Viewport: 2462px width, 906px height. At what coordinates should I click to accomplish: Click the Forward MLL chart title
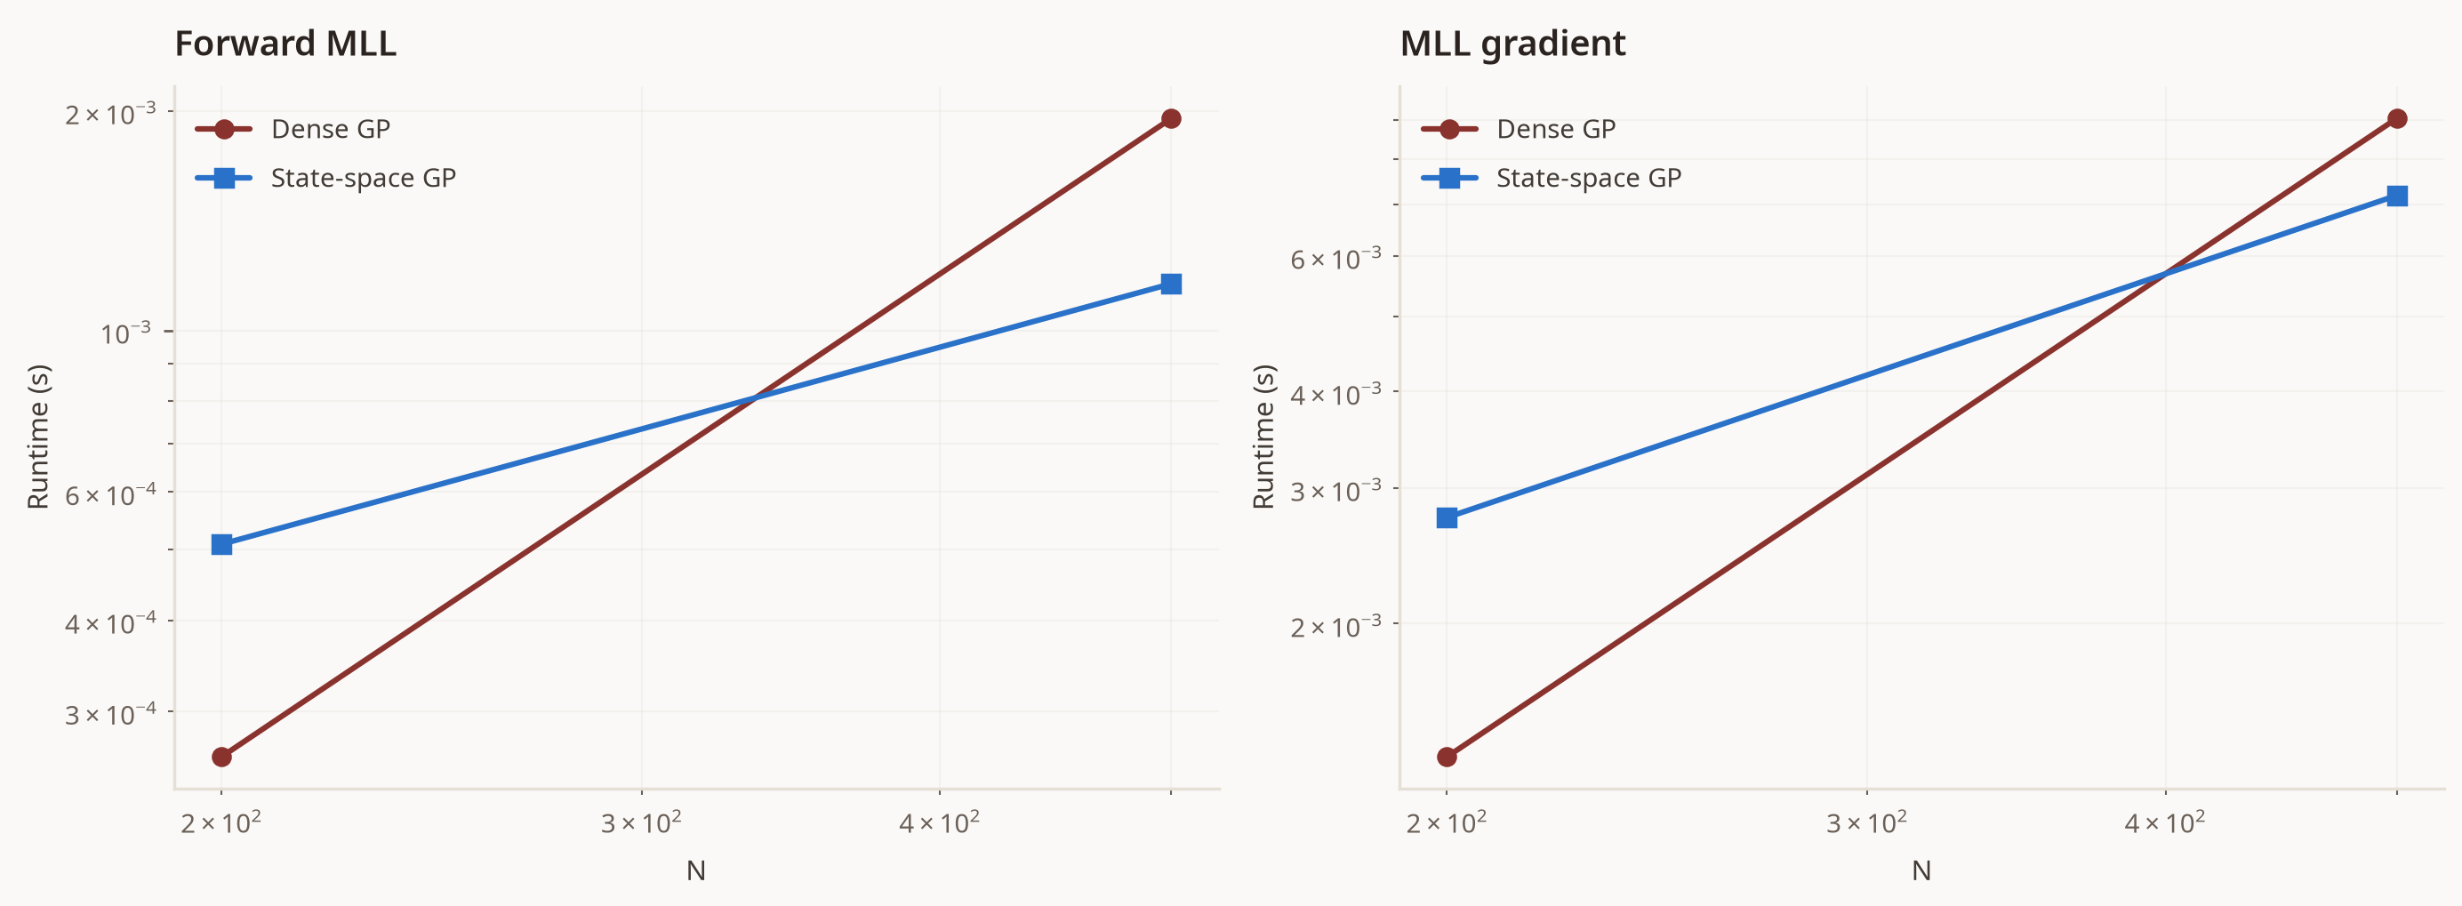(x=285, y=44)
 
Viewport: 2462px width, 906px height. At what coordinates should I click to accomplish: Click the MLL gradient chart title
(x=1512, y=44)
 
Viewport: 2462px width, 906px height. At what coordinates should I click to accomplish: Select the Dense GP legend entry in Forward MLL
(x=293, y=129)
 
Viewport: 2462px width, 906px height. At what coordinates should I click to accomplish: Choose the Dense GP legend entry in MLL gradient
(x=1518, y=129)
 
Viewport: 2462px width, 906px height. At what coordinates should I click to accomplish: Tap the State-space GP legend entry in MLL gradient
(x=1551, y=178)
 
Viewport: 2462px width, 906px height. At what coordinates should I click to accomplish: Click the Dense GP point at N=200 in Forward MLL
(x=221, y=757)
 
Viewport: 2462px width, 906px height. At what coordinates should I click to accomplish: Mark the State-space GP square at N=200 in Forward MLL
(x=221, y=545)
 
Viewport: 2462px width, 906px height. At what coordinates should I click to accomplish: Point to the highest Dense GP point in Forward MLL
(x=1171, y=118)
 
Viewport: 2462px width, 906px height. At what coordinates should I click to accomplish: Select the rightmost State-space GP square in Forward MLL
(x=1171, y=284)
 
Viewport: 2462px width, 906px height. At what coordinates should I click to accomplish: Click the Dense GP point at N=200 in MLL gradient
(x=1447, y=757)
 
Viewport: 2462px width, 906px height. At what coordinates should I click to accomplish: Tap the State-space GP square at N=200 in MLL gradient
(x=1447, y=518)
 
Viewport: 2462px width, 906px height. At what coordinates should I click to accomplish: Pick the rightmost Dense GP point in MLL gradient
(x=2397, y=118)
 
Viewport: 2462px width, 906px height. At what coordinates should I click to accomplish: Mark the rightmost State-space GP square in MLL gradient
(x=2397, y=196)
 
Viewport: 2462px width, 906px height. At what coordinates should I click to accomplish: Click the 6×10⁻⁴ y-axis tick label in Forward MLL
(x=110, y=494)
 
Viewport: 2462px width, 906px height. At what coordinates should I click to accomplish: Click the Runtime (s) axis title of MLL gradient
(x=1263, y=437)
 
